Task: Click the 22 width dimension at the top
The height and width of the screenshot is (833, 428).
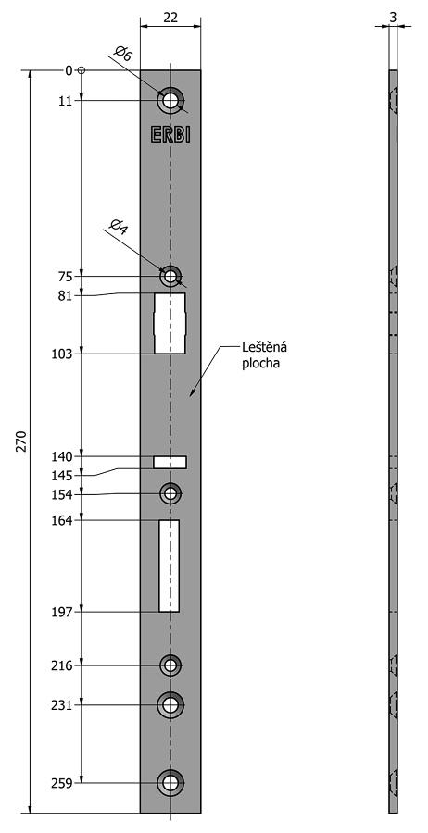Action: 170,18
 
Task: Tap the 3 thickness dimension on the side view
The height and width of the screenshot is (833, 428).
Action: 393,17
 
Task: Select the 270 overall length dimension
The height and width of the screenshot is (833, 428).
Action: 21,441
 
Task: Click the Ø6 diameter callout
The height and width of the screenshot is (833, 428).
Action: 123,55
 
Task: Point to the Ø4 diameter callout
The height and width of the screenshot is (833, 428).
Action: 119,227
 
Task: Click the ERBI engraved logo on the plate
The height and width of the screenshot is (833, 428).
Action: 170,135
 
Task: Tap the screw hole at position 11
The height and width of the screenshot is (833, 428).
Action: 170,100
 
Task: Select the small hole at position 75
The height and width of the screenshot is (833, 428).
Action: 170,276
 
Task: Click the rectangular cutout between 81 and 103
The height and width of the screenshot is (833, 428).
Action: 170,323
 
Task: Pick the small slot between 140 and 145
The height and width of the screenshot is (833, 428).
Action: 170,462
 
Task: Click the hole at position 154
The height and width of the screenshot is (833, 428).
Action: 170,494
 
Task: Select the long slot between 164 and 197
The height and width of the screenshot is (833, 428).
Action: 170,566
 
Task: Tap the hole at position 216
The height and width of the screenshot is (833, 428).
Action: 170,665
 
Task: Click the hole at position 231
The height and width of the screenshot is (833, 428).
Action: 170,705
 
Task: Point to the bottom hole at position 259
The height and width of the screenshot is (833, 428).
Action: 170,782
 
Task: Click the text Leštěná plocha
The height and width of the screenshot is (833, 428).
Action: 264,356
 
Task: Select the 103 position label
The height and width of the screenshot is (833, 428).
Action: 62,354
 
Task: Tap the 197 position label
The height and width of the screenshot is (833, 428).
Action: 62,612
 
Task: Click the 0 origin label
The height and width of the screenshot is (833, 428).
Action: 69,70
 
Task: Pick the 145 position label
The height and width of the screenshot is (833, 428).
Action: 62,475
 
